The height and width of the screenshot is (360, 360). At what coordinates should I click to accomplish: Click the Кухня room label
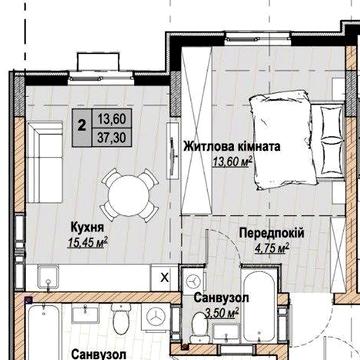pyautogui.click(x=87, y=226)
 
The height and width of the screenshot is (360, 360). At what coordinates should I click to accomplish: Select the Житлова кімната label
pyautogui.click(x=231, y=146)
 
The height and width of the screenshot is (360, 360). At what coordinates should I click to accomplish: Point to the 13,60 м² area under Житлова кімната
pyautogui.click(x=231, y=161)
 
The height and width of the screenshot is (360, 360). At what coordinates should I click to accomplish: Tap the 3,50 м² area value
pyautogui.click(x=220, y=313)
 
